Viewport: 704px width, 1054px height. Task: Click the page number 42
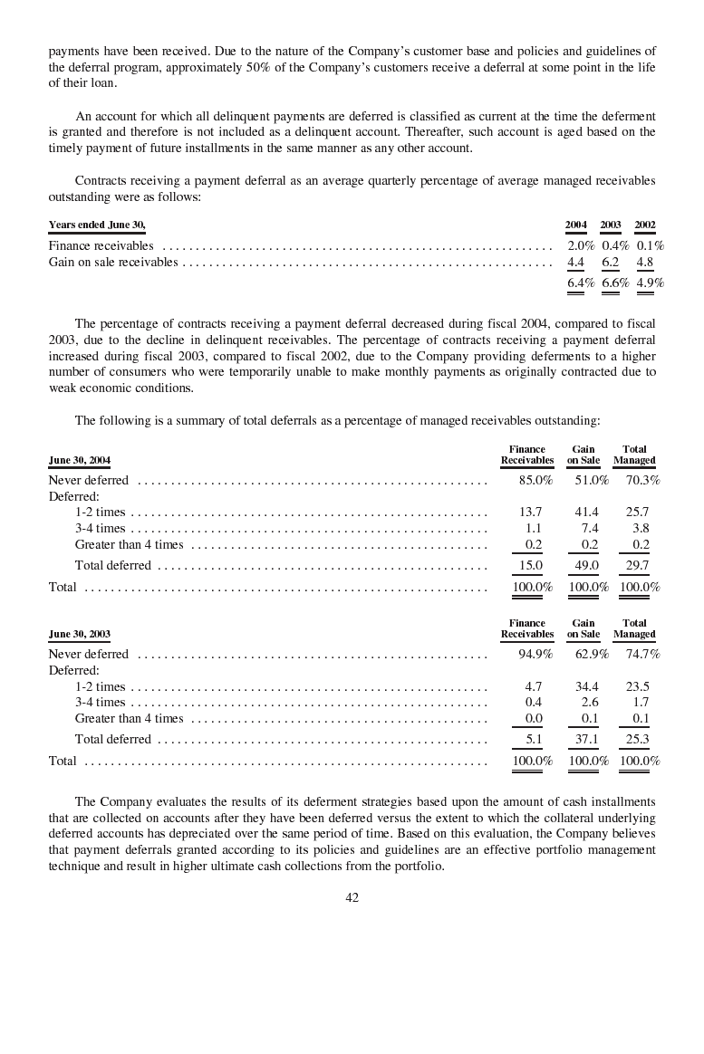(x=352, y=897)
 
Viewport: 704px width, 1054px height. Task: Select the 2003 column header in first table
(x=611, y=225)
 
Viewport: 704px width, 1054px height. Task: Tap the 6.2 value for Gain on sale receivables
(x=611, y=263)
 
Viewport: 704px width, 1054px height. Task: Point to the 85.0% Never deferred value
(x=535, y=480)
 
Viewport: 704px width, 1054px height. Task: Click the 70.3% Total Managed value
(x=642, y=480)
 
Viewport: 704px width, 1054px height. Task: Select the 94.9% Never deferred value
(x=535, y=654)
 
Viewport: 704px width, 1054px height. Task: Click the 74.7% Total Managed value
(x=642, y=654)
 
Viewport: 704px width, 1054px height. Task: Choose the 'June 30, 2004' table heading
(x=80, y=460)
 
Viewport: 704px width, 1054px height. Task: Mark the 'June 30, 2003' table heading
(x=80, y=634)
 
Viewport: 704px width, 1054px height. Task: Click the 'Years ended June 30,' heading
(x=97, y=225)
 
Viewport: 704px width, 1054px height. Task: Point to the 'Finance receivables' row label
(x=101, y=245)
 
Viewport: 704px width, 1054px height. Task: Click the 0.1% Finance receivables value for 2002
(x=650, y=245)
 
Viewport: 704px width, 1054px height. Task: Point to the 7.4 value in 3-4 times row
(x=589, y=528)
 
